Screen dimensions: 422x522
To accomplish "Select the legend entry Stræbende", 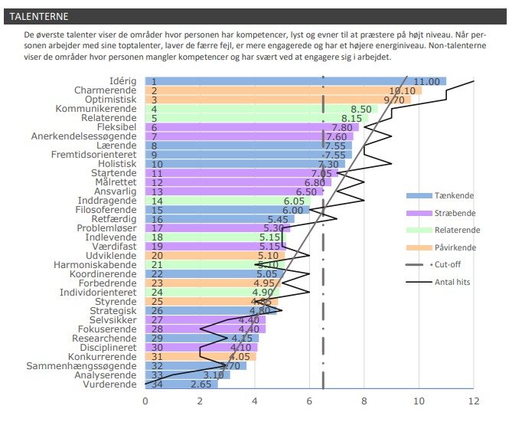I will pyautogui.click(x=452, y=212).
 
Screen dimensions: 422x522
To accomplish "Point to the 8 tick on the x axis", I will pyautogui.click(x=364, y=401).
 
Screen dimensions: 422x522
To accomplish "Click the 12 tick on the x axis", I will pyautogui.click(x=474, y=401).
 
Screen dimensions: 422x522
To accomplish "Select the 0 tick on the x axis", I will pyautogui.click(x=145, y=401).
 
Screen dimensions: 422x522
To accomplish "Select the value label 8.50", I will pyautogui.click(x=361, y=109).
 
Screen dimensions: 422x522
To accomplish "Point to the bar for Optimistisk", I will pyautogui.click(x=276, y=100).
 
